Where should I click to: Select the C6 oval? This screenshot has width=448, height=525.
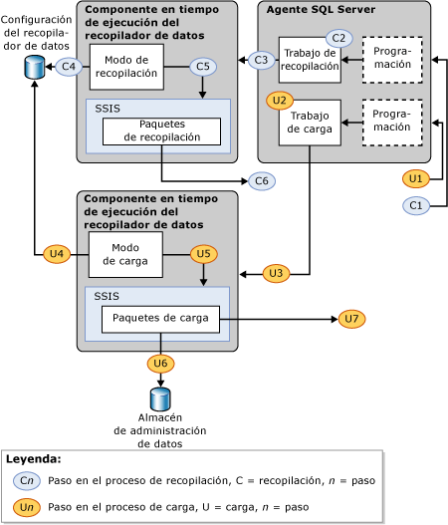click(262, 181)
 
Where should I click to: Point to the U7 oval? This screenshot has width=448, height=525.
click(352, 319)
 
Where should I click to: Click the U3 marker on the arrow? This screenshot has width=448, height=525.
click(277, 273)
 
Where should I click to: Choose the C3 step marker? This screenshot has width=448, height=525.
click(262, 60)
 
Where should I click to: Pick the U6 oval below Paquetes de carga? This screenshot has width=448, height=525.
click(161, 364)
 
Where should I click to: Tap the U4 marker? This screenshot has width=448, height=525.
click(57, 254)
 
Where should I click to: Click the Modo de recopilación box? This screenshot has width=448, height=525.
click(126, 67)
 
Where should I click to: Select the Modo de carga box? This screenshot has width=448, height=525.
click(125, 254)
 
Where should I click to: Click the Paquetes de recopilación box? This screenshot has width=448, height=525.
click(161, 131)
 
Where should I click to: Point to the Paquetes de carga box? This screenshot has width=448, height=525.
click(160, 319)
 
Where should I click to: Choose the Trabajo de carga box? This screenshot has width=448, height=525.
click(310, 122)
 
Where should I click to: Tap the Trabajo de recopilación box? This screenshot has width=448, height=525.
click(310, 61)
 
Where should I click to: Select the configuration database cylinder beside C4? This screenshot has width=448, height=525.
click(35, 68)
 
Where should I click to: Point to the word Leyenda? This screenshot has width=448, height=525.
click(34, 459)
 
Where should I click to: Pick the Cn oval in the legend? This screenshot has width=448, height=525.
click(27, 480)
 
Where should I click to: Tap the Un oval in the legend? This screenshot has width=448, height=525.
click(27, 507)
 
